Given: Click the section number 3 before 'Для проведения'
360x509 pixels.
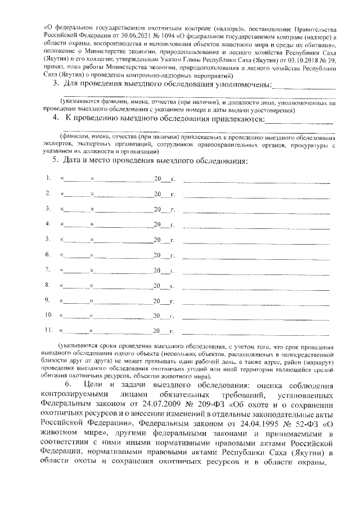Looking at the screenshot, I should [x=55, y=84].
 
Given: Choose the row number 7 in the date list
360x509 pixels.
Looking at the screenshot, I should [x=49, y=269].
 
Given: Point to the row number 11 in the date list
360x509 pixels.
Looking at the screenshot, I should [x=49, y=330].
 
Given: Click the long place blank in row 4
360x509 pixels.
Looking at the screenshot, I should [x=256, y=226].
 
